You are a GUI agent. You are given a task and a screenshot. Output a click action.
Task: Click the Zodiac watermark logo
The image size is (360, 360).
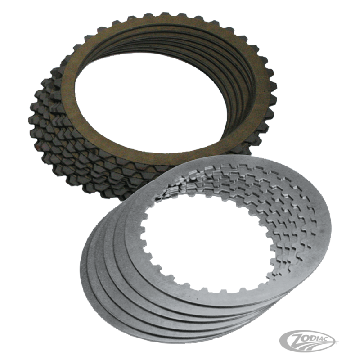[307, 344]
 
